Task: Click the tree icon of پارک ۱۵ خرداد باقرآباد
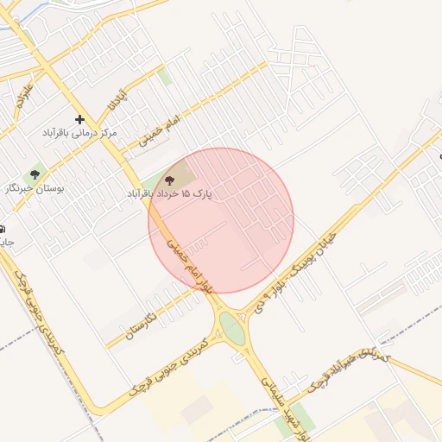168,180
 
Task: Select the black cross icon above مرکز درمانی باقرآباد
80,119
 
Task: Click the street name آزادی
117,98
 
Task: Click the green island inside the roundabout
231,326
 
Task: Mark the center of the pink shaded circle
221,220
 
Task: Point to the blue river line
12,19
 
